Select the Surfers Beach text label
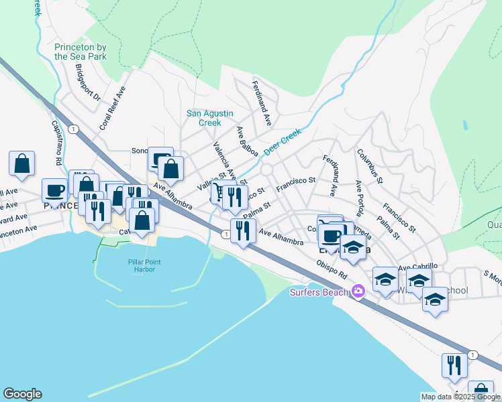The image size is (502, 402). coord(319,291)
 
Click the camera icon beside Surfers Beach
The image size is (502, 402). coord(358,290)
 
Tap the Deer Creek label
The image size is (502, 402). coord(283,142)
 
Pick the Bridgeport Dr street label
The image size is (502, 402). coord(87,82)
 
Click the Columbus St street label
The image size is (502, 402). coord(369,167)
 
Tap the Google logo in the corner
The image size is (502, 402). coord(22,394)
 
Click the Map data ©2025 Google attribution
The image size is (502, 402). coord(460,397)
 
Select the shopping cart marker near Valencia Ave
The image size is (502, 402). coord(218,193)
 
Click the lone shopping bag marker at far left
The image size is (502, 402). coord(21,163)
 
